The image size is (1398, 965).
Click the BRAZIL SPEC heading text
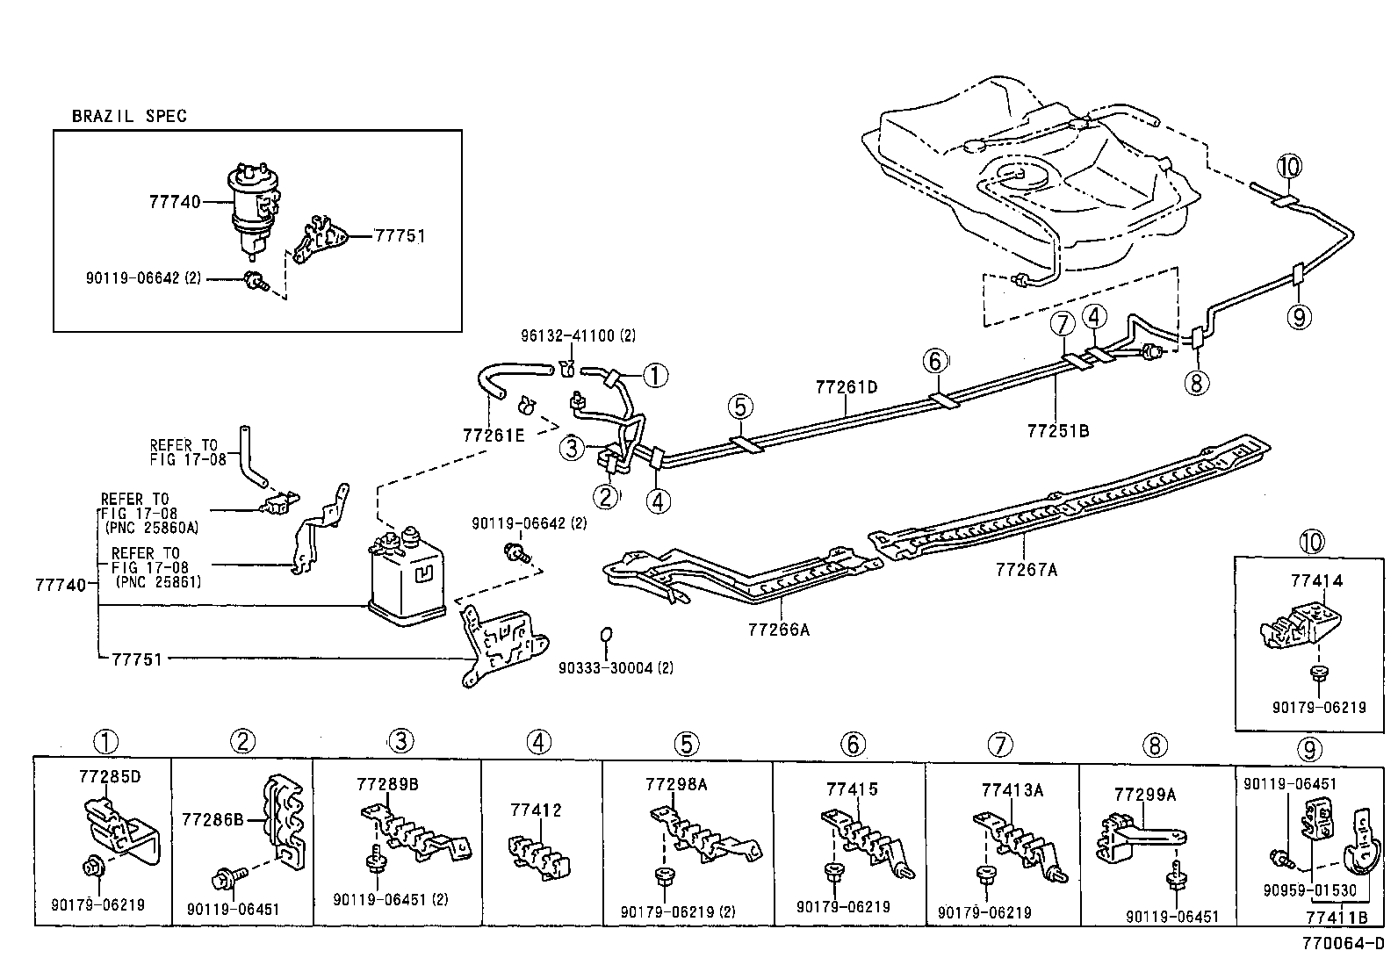pos(128,116)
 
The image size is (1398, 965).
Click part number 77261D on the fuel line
pos(847,386)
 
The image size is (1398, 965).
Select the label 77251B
pos(1057,431)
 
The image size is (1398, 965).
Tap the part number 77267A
pos(1026,570)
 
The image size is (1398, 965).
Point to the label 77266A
pos(778,630)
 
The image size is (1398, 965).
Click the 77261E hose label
pos(494,434)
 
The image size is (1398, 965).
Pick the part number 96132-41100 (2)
pos(578,335)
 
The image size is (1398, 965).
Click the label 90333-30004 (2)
pos(616,668)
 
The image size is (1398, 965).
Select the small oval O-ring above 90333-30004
pos(605,635)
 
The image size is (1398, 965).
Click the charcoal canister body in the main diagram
pos(409,584)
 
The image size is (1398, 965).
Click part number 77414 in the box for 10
pos(1315,580)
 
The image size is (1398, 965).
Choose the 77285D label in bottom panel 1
pos(110,777)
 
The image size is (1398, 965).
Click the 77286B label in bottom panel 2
pos(213,820)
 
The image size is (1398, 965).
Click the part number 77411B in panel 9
pos(1337,918)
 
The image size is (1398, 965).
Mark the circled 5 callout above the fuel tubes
pos(740,407)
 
